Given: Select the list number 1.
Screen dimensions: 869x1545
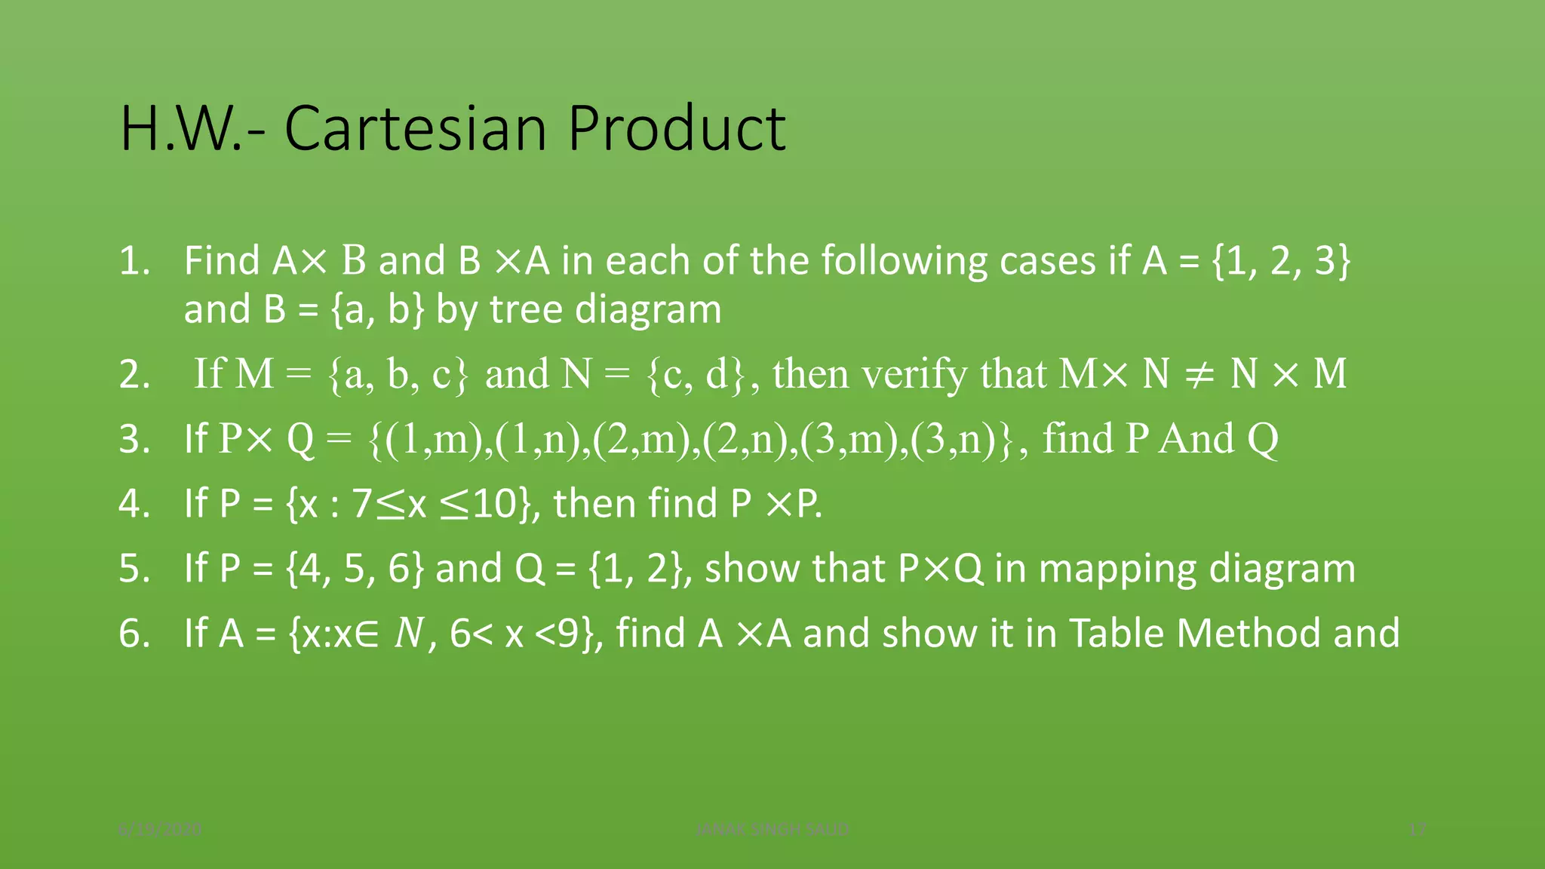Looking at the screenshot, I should (134, 261).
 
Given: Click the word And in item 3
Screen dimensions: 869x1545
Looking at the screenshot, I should (1196, 438).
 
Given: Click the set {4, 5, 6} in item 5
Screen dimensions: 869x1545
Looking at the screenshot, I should (355, 569).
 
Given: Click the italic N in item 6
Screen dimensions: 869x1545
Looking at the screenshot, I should (410, 634).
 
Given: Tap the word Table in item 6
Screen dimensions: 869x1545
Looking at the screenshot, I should (1117, 633).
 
